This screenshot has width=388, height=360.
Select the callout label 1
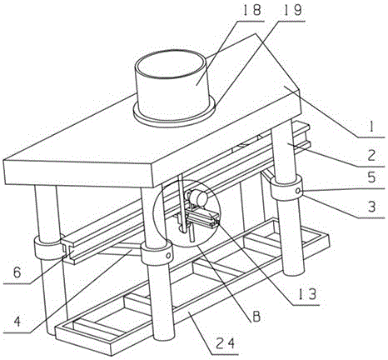pyautogui.click(x=371, y=127)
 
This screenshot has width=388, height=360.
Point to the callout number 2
pyautogui.click(x=371, y=156)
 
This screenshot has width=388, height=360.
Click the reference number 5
pyautogui.click(x=371, y=177)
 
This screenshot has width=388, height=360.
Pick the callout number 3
pyautogui.click(x=371, y=207)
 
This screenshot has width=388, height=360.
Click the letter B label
pyautogui.click(x=256, y=317)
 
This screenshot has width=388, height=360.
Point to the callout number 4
pyautogui.click(x=17, y=322)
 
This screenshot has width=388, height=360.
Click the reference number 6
pyautogui.click(x=17, y=272)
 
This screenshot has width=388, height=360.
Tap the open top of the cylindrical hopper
pyautogui.click(x=170, y=63)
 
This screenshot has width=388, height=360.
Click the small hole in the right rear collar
pyautogui.click(x=298, y=191)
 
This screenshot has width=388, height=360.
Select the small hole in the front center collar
pyautogui.click(x=168, y=254)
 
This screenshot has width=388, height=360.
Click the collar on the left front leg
pyautogui.click(x=47, y=248)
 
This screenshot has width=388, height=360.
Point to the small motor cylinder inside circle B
pyautogui.click(x=198, y=197)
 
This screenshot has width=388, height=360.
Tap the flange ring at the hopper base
pyautogui.click(x=174, y=115)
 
